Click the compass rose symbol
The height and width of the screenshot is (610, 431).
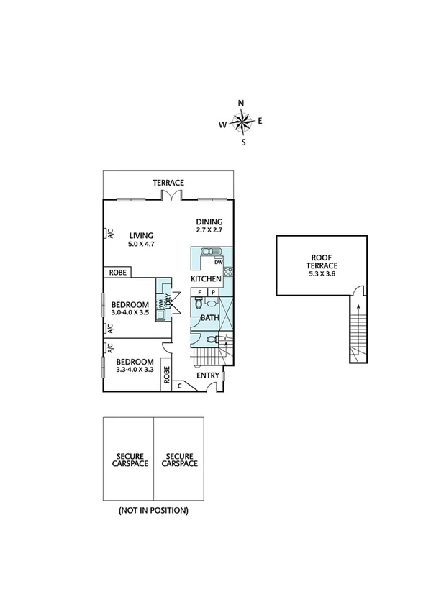(x=243, y=123)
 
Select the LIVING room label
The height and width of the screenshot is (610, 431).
(x=141, y=235)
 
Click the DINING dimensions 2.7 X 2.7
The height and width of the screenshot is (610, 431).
(x=209, y=231)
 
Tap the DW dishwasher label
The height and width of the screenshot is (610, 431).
(x=217, y=263)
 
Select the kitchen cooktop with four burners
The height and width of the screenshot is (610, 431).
(x=230, y=272)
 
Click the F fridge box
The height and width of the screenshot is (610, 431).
(x=199, y=292)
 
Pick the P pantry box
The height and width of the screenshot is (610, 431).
(x=214, y=292)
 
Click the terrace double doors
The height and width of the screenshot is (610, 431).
(x=168, y=196)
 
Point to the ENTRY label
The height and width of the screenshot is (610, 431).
(x=208, y=375)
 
